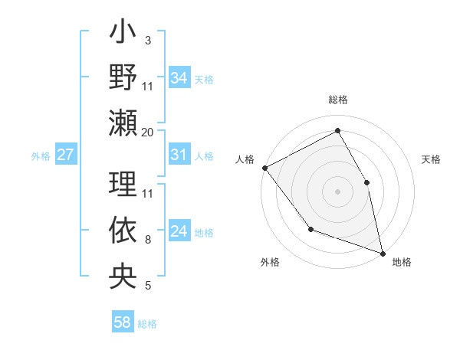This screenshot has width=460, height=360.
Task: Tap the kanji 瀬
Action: click(123, 123)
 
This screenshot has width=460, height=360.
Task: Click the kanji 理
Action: click(123, 183)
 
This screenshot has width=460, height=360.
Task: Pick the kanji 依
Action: click(123, 230)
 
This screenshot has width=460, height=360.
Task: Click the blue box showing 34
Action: click(179, 77)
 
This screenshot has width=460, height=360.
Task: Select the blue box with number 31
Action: click(179, 155)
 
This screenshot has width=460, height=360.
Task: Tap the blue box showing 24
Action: click(179, 231)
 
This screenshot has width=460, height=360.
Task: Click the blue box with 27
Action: click(66, 155)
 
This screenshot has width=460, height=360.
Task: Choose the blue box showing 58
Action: click(123, 322)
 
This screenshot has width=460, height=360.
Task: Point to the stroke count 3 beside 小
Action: click(147, 40)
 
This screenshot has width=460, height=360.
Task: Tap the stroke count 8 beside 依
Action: click(147, 240)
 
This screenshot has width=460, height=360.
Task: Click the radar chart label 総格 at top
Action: click(337, 100)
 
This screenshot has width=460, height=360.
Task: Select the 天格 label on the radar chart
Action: click(431, 159)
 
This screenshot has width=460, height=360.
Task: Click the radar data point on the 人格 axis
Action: click(264, 168)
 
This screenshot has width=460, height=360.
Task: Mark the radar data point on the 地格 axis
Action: click(383, 252)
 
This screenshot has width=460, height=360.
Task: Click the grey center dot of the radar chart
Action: click(337, 191)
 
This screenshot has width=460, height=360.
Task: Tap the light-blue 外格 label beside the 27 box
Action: click(41, 156)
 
